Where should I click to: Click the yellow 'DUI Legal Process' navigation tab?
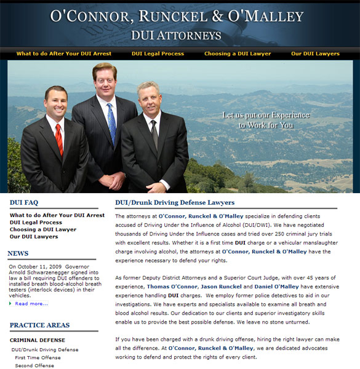[158, 54]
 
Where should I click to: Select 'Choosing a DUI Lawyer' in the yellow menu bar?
[238, 54]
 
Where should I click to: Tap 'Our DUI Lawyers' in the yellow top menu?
[315, 54]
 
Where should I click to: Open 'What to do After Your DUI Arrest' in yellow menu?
[64, 54]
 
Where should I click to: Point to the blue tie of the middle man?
[111, 122]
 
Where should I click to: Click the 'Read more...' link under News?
[31, 303]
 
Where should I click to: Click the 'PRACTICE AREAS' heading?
[39, 325]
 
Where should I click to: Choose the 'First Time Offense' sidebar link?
[38, 357]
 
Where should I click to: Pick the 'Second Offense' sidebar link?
[34, 365]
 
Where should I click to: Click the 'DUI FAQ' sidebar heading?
[24, 202]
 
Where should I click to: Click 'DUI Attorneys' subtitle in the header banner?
[176, 35]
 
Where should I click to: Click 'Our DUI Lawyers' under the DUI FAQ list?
[34, 236]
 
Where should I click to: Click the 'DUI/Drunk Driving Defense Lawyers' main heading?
[175, 202]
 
